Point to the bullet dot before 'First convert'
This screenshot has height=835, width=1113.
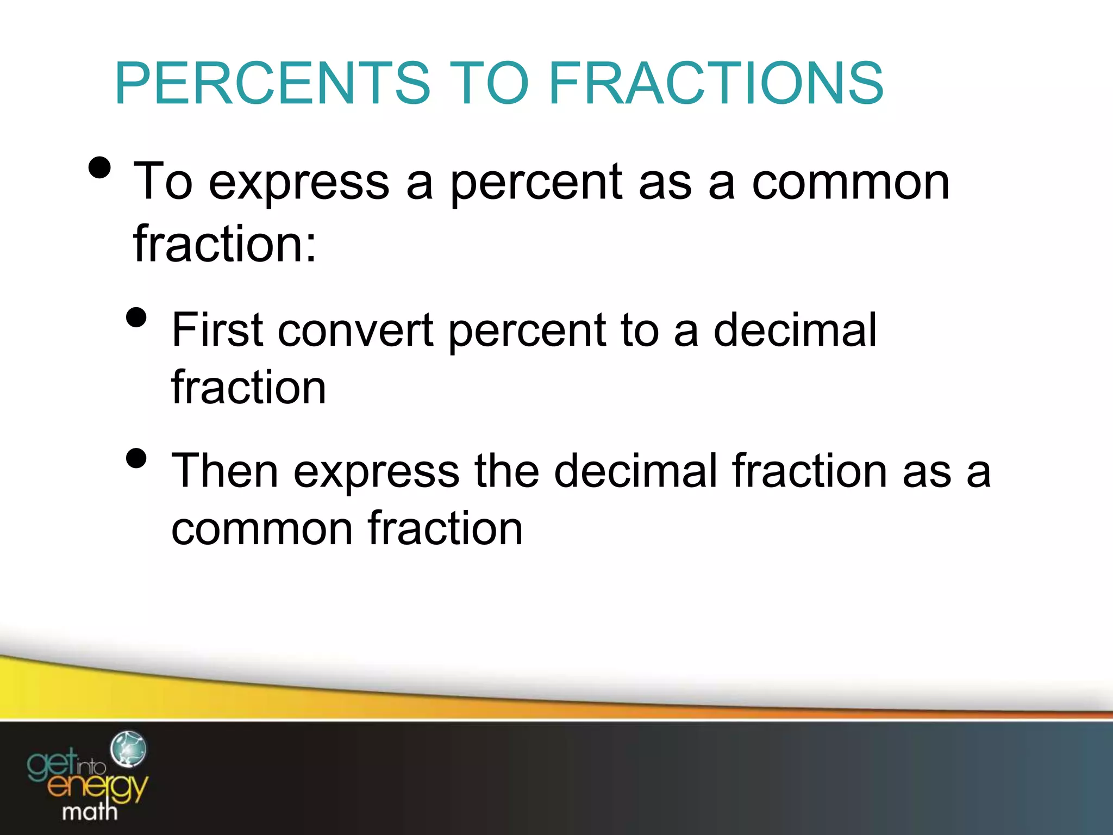tap(136, 317)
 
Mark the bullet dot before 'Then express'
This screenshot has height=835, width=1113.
tap(136, 458)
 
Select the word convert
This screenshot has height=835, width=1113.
tap(356, 331)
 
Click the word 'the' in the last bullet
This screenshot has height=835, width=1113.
tap(507, 471)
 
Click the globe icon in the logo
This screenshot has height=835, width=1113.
tap(128, 749)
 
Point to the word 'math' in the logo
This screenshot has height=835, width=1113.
tap(90, 812)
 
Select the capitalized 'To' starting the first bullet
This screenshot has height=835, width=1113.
tap(162, 182)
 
